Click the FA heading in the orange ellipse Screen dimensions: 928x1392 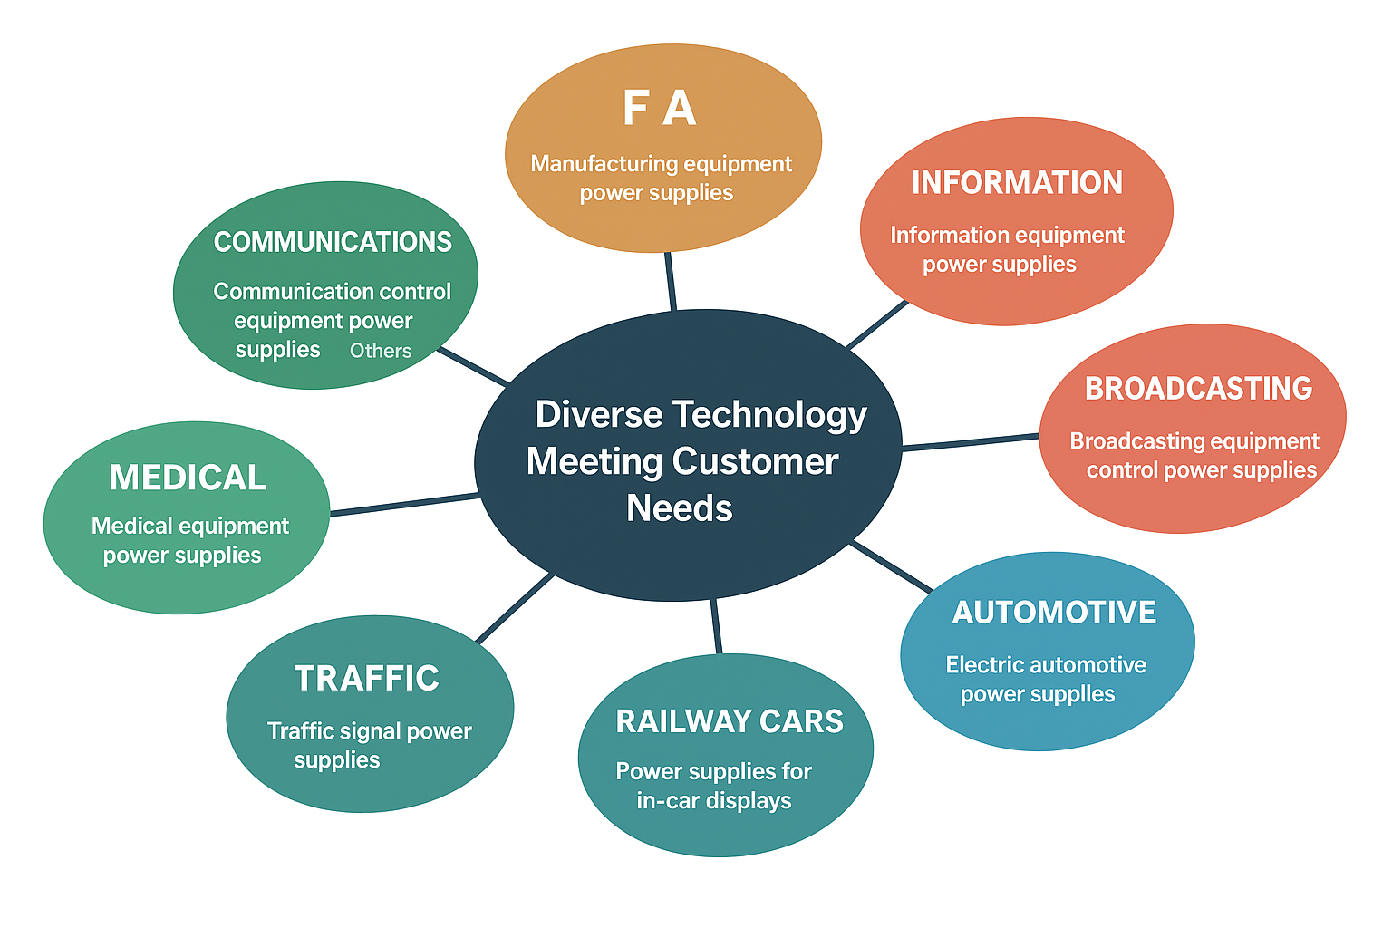coord(659,109)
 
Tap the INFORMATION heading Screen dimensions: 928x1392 coord(1017,183)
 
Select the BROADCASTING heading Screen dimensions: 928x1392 coord(1198,389)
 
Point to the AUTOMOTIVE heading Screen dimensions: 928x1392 coord(1054,613)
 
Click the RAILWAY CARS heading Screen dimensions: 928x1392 coord(730,721)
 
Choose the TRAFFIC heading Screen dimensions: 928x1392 coord(367,679)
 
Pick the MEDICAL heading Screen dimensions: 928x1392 coord(188,478)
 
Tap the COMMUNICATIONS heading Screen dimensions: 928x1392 coord(333,242)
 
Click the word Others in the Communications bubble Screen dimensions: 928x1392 coord(381,351)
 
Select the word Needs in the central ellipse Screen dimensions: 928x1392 coord(680,508)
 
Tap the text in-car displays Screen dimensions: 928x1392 coord(714,801)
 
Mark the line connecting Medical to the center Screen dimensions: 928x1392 coord(404,505)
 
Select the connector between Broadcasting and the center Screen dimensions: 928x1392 coord(970,442)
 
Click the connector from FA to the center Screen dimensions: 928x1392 coord(671,281)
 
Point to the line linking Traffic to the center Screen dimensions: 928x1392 coord(514,608)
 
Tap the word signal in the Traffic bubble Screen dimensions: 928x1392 coord(372,731)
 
